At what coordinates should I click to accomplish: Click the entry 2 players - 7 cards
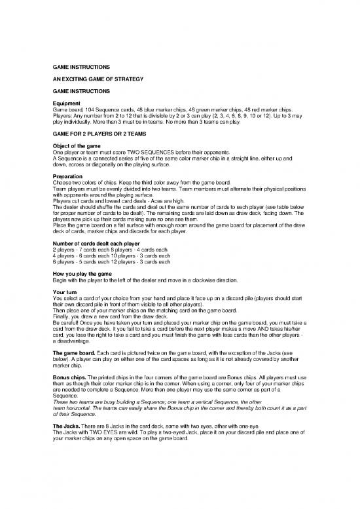[x=77, y=250]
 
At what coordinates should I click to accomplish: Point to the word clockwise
[x=213, y=280]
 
